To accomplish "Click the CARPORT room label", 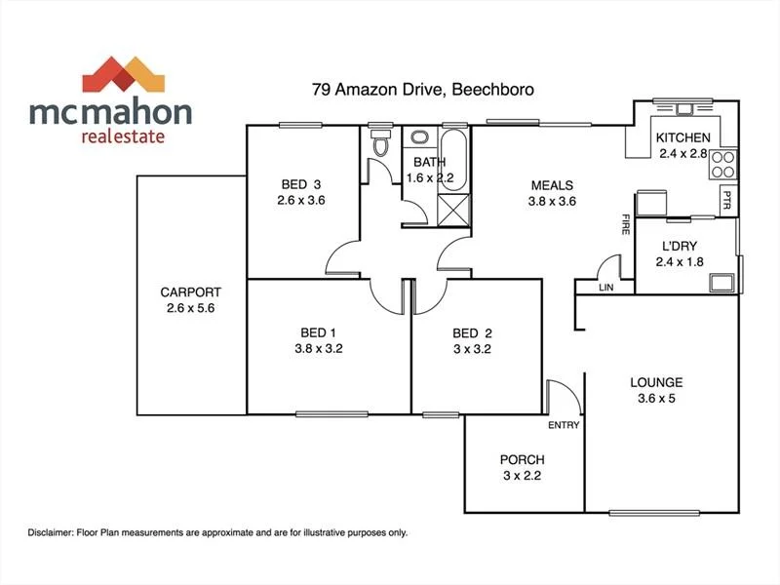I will (191, 292).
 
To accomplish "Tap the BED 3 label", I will (301, 184).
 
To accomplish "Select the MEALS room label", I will (552, 185).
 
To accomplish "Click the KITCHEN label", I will (682, 137).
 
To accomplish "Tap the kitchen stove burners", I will (722, 164).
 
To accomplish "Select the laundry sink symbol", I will (721, 283).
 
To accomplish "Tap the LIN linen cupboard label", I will (606, 288).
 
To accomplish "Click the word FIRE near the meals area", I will (624, 227).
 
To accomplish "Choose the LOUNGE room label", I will (656, 382).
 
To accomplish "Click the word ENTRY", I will (564, 425).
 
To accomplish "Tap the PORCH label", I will (522, 459).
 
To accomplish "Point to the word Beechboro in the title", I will (491, 89).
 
